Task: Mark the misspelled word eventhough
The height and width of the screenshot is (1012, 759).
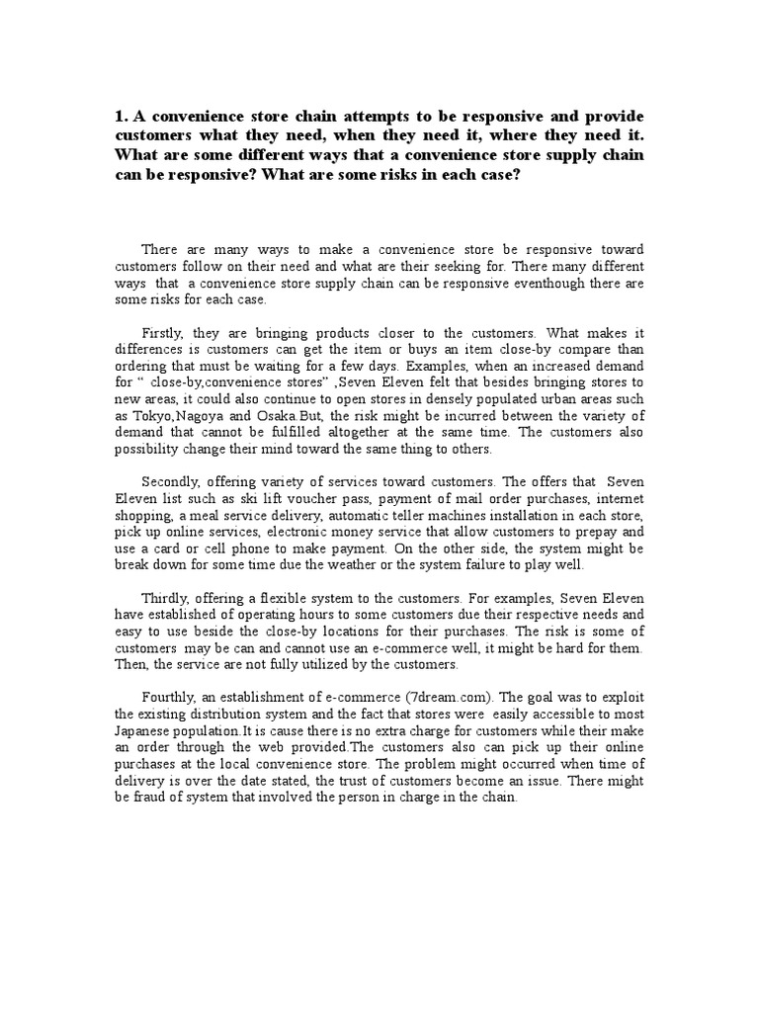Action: tap(541, 283)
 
